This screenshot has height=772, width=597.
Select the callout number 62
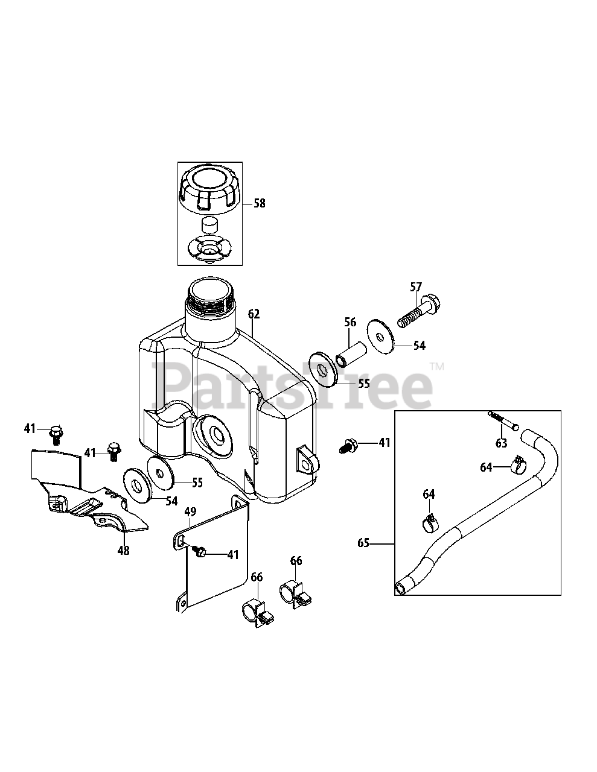point(254,314)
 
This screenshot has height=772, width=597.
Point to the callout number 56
point(351,323)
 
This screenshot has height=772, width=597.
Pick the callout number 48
point(123,551)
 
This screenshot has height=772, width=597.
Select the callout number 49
point(190,513)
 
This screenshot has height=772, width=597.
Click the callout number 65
point(363,543)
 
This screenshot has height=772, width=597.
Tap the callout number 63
point(501,444)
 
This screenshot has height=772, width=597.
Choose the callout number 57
point(417,287)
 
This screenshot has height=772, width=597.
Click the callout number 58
point(259,204)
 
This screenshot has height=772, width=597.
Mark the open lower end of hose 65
point(401,586)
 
